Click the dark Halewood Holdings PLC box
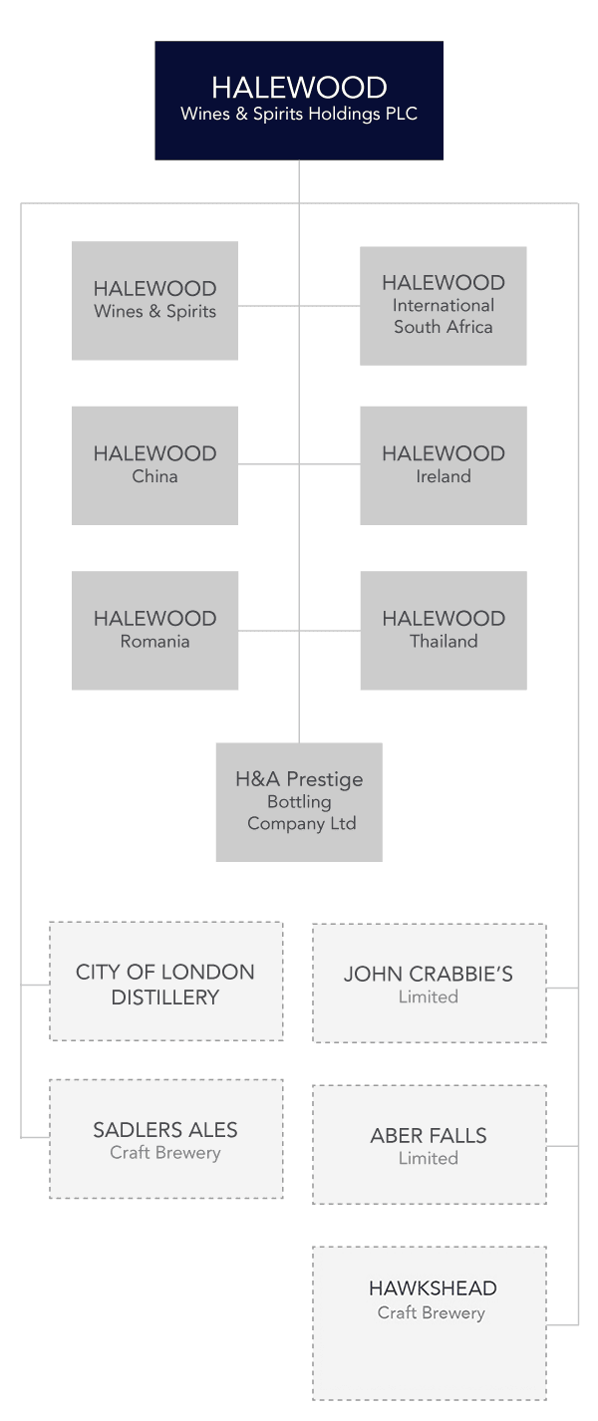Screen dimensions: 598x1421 [299, 101]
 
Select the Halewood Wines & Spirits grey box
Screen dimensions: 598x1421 [154, 300]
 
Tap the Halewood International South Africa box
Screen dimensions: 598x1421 [444, 306]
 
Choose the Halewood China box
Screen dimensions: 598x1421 [154, 465]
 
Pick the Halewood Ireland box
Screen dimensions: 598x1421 [444, 465]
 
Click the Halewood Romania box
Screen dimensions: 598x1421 [154, 631]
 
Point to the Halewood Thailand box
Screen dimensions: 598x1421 [444, 631]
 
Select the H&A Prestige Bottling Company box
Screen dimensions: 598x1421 [299, 802]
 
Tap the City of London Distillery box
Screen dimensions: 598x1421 [166, 982]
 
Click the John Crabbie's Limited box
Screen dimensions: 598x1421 [430, 984]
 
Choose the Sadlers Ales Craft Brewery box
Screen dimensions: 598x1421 [166, 1139]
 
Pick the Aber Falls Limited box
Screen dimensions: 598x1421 [430, 1145]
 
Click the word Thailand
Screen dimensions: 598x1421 [444, 642]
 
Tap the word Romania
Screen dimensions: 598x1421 [154, 642]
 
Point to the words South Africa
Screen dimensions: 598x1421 [444, 327]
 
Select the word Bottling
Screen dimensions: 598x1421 [299, 802]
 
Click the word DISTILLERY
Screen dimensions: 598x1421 [165, 997]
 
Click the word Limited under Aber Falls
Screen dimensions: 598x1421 [429, 1158]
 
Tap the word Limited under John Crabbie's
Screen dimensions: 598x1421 [429, 997]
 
